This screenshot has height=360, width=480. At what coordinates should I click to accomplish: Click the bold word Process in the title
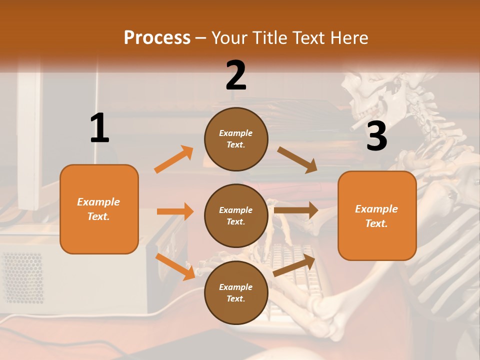point(157,37)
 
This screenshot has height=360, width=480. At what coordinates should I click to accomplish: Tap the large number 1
point(99,128)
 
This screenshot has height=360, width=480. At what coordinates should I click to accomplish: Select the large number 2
point(236,75)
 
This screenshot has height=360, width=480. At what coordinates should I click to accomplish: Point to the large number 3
point(376,136)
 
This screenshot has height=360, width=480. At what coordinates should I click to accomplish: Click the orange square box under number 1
point(99,209)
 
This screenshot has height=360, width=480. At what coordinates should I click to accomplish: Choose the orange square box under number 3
point(377,215)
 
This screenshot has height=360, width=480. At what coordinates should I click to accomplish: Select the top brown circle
point(236,139)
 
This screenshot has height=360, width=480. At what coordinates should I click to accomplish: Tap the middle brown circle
point(236,215)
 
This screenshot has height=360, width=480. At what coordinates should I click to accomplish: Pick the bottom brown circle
point(236,292)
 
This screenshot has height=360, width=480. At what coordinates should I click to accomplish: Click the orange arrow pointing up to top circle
point(174,159)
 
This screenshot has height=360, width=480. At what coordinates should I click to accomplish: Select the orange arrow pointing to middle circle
point(175,211)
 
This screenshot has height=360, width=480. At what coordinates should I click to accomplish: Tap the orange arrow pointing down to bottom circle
point(175,266)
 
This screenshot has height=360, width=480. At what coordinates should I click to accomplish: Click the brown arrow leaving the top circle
point(297,159)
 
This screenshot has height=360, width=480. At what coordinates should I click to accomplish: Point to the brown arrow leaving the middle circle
point(295,210)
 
